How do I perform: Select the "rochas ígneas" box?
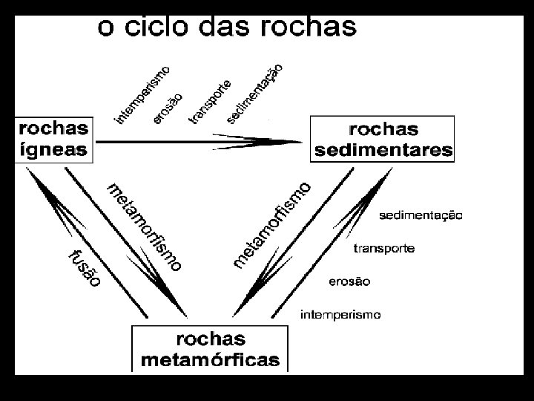pos(53,139)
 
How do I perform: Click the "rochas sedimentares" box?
pos(383,139)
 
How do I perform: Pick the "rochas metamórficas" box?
pos(210,350)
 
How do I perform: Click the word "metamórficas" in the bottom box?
pos(210,360)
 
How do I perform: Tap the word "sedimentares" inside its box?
pos(383,149)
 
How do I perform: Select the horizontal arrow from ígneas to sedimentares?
pos(200,140)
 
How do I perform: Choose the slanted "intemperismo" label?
pos(142,94)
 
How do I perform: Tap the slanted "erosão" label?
pos(168,106)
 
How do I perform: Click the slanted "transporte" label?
pos(209,101)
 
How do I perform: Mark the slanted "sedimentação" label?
pos(254,92)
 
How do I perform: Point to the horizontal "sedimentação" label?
pos(421,215)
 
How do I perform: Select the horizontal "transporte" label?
pos(383,248)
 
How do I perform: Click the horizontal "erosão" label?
pos(349,281)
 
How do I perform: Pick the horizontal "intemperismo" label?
pos(340,314)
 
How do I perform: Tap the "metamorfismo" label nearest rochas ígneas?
pos(144,225)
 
